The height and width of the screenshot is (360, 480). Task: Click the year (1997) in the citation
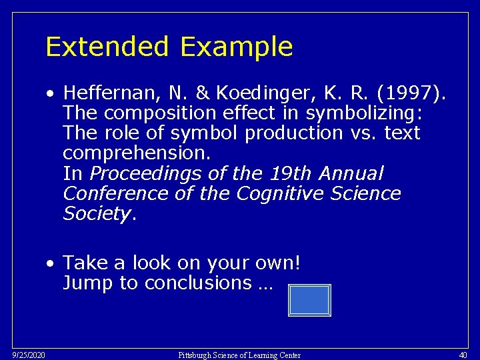click(x=416, y=94)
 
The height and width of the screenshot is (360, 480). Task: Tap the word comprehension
click(x=137, y=154)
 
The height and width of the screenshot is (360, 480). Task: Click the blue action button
click(x=309, y=300)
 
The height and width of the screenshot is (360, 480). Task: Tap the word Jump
click(x=89, y=283)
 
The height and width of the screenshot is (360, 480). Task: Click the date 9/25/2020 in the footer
click(x=29, y=355)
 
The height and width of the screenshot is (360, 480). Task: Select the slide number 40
click(x=464, y=355)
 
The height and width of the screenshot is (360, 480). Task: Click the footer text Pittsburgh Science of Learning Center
click(x=239, y=355)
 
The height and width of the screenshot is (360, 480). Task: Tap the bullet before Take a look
click(x=51, y=263)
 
